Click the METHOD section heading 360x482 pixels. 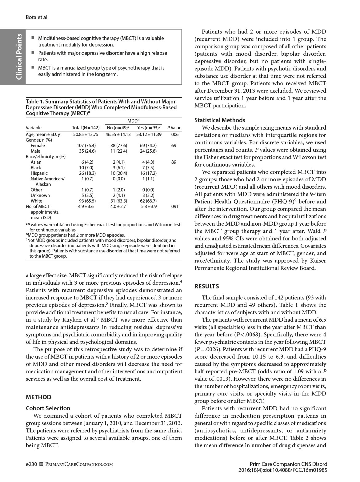pos(38,397)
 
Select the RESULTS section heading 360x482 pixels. pos(207,286)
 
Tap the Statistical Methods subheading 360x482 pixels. pos(220,120)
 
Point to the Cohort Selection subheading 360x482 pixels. pos(48,408)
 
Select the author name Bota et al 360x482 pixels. pos(36,17)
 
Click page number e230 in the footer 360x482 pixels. pos(31,464)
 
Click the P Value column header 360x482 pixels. pos(174,128)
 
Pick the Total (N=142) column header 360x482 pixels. pos(86,128)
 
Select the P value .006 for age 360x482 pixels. pos(174,135)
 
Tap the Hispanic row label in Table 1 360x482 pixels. pos(39,173)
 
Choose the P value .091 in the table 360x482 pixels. pos(174,207)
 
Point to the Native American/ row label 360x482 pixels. pos(47,179)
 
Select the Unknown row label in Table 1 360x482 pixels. pos(40,195)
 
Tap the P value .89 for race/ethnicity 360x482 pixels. pos(174,162)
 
